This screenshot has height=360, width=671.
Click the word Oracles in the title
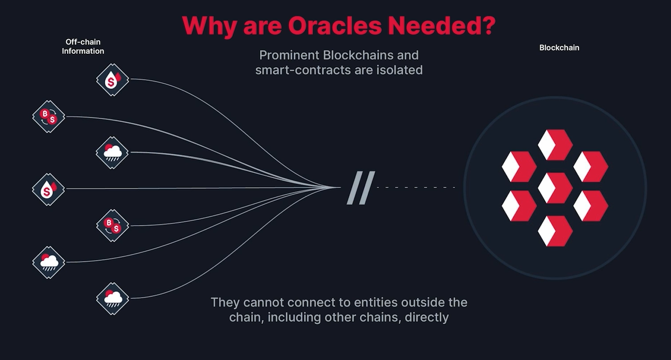[335, 25]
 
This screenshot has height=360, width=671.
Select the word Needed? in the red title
[441, 25]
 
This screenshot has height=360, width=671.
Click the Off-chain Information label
[83, 47]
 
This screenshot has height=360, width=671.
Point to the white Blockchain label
[559, 48]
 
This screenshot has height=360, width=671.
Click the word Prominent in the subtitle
[289, 55]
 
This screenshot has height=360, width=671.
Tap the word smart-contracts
[303, 70]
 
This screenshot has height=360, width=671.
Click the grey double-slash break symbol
[361, 188]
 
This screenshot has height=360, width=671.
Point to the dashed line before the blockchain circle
[416, 187]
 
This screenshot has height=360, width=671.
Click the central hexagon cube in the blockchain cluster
[555, 188]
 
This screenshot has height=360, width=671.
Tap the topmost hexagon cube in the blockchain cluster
[555, 145]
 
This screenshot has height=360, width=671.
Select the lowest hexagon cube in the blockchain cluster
[555, 231]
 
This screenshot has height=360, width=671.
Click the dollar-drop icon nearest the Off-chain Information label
[113, 80]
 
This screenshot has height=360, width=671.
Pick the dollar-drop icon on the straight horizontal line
[48, 189]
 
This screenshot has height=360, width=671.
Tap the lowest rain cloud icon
[113, 298]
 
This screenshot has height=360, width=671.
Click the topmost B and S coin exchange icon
[49, 116]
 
